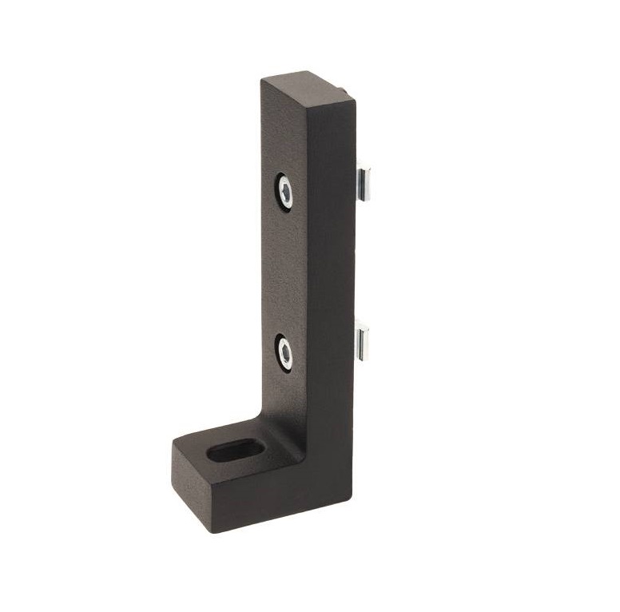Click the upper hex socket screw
pyautogui.click(x=284, y=191)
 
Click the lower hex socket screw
pyautogui.click(x=284, y=352)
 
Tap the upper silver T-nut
pyautogui.click(x=367, y=179)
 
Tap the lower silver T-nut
pyautogui.click(x=365, y=339)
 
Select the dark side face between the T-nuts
pyautogui.click(x=332, y=264)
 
